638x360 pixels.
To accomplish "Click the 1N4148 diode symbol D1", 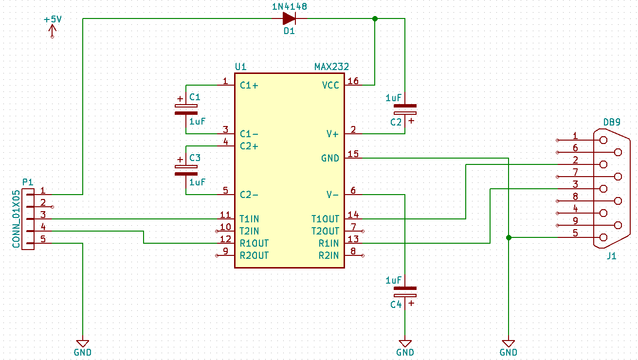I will (x=289, y=19).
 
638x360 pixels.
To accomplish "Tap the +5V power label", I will (x=53, y=20).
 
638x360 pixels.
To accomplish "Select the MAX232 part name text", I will (x=331, y=67).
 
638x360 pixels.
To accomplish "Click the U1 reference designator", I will (x=240, y=67).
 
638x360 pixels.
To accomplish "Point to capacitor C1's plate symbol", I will (x=186, y=109).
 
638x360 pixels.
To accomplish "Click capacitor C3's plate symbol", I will (x=186, y=170).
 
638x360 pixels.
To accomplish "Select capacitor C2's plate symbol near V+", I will (x=405, y=109).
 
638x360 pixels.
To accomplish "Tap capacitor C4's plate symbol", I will (x=405, y=291).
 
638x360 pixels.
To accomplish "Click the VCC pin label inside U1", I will (x=330, y=86).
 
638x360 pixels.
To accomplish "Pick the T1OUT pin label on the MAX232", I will (x=325, y=219).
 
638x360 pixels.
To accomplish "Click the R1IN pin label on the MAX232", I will (x=328, y=243).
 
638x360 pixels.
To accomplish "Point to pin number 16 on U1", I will (x=353, y=81).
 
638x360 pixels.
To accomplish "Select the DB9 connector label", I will (x=612, y=122).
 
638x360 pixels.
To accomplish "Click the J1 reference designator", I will (x=611, y=256).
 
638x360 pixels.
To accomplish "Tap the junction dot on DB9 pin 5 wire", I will (x=509, y=238).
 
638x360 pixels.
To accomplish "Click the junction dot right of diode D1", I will (x=375, y=19).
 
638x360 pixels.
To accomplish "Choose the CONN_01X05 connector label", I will (x=16, y=219).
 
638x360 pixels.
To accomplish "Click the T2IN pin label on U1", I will (x=249, y=231).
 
